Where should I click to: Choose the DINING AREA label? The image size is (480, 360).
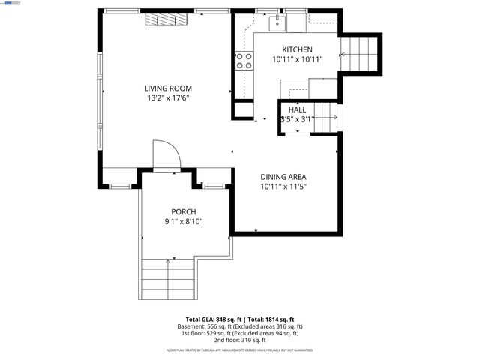coord(283,177)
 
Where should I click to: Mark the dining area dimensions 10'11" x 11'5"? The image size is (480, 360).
coord(283,187)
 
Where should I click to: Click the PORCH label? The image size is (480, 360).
coord(184,211)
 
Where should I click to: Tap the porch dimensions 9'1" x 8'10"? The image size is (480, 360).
coord(184,221)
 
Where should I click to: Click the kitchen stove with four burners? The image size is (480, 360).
coord(244,61)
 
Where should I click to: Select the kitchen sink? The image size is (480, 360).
coord(276,23)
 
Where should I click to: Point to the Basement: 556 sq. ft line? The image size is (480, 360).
coord(240,326)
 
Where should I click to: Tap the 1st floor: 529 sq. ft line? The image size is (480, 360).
coord(240,333)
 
